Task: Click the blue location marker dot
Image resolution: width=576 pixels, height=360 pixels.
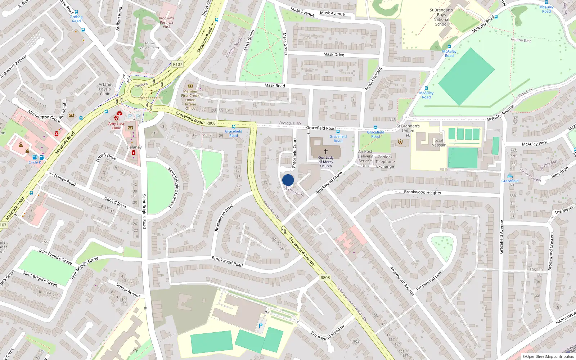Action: click(x=288, y=180)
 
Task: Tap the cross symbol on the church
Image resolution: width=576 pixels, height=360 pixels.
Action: click(x=326, y=152)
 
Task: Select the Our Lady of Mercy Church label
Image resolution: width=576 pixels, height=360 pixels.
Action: click(x=326, y=162)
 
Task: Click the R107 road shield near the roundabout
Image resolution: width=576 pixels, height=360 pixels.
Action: click(x=177, y=64)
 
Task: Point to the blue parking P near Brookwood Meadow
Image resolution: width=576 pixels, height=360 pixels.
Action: click(x=261, y=326)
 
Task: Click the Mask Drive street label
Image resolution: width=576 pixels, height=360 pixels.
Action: click(x=334, y=54)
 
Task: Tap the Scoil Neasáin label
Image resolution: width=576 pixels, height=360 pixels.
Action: click(x=439, y=143)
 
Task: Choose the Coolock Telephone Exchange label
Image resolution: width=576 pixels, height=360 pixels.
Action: click(x=385, y=162)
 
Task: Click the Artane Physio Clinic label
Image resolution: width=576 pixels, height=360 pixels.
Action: click(x=105, y=89)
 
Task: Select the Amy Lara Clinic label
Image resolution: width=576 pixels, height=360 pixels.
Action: click(x=116, y=126)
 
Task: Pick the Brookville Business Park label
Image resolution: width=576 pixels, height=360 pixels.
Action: click(x=166, y=22)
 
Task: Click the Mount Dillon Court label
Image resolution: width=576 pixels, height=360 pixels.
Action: click(x=150, y=46)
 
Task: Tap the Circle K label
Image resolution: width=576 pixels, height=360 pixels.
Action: click(x=35, y=162)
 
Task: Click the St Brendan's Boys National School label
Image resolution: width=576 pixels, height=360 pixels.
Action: click(x=441, y=17)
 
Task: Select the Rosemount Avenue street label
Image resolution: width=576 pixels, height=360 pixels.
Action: click(x=402, y=281)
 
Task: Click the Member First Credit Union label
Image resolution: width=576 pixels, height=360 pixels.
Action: click(x=190, y=98)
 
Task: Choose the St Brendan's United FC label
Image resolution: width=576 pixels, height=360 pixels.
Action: click(x=408, y=131)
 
